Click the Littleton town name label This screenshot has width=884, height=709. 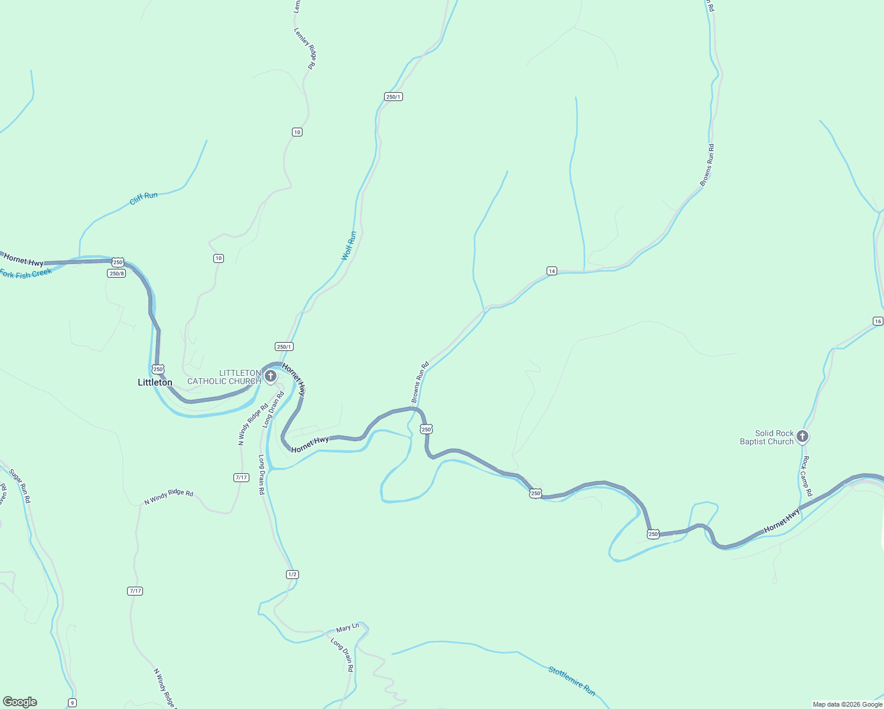tap(155, 382)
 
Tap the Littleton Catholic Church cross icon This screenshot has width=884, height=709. tap(271, 376)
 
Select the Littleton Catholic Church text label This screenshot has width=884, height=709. tap(224, 377)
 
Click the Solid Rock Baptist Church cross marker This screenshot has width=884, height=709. tap(802, 437)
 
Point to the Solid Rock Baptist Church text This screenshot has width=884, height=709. tap(767, 437)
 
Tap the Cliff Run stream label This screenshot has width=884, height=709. tap(144, 199)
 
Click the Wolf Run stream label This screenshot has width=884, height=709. tap(349, 246)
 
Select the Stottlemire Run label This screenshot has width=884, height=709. tap(571, 681)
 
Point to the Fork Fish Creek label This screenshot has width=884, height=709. tap(26, 274)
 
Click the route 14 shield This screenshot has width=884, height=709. tap(551, 271)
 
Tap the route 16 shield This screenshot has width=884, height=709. tap(877, 321)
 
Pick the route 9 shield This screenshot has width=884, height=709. tap(72, 703)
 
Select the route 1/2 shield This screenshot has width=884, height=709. tap(292, 574)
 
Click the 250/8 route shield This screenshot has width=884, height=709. tap(116, 273)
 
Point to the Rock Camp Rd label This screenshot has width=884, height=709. tap(807, 476)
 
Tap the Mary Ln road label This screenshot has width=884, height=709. tap(347, 627)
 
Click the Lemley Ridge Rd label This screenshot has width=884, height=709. tap(305, 49)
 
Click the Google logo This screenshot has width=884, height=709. tap(19, 702)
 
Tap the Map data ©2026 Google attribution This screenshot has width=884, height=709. tap(847, 704)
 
